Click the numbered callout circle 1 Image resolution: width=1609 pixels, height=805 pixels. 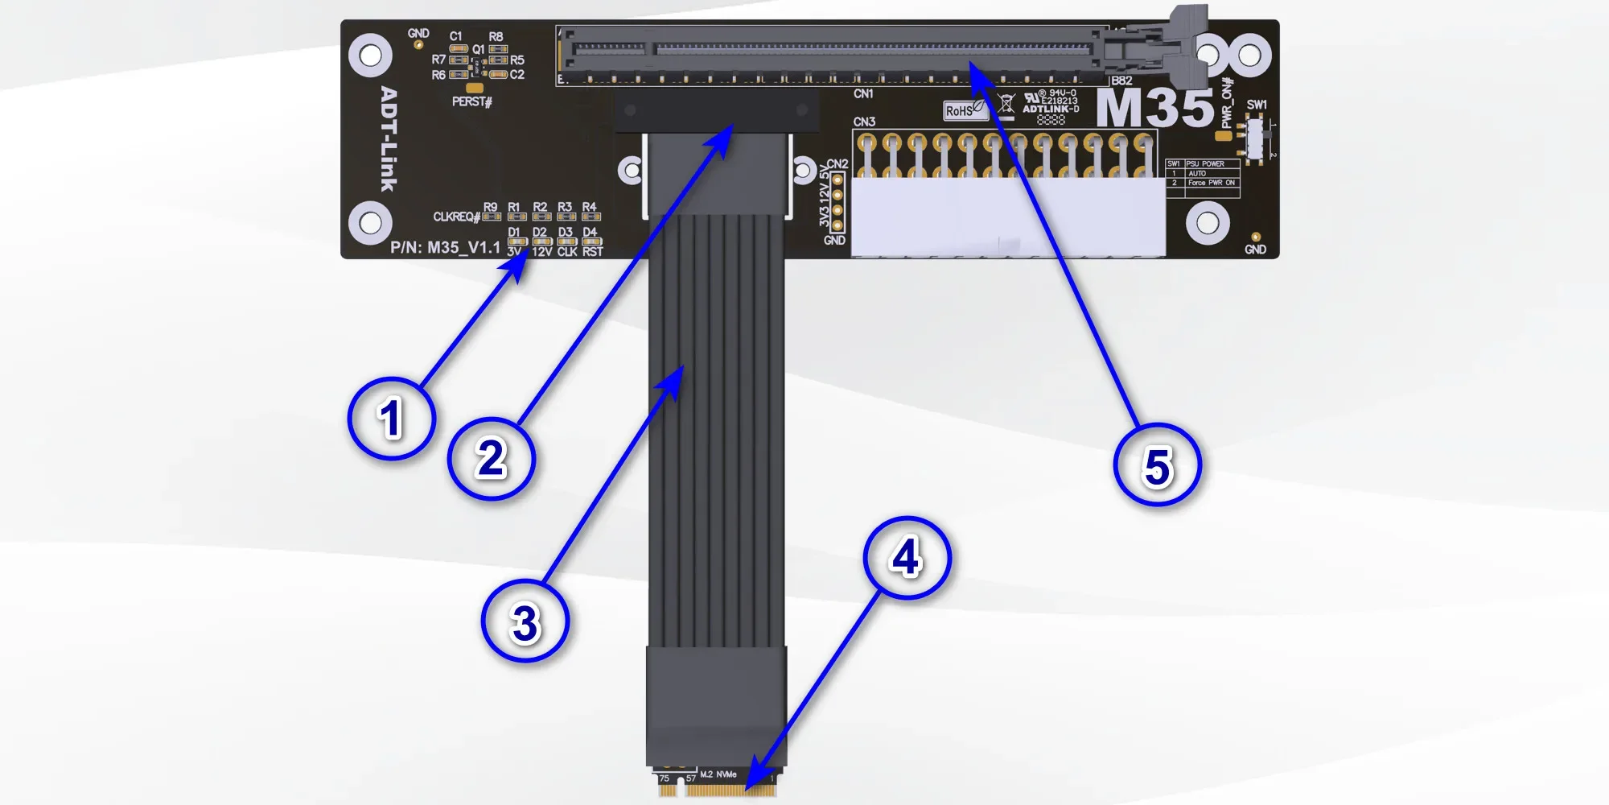(392, 419)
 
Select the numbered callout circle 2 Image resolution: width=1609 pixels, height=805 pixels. (491, 458)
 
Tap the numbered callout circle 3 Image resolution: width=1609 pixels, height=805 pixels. (525, 622)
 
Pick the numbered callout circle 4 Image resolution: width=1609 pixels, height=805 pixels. (907, 558)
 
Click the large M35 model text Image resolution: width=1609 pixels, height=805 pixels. (1154, 108)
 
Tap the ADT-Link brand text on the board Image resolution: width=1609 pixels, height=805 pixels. (389, 139)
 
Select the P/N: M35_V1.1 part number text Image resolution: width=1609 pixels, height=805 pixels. (445, 247)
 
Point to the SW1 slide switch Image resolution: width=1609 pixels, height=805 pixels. (1254, 137)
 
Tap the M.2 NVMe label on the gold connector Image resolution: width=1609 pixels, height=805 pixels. (718, 774)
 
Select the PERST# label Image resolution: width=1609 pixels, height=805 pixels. (471, 101)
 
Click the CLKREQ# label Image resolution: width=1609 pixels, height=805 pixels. (456, 217)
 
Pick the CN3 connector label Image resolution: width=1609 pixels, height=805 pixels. (864, 122)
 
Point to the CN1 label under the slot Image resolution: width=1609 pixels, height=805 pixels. (863, 94)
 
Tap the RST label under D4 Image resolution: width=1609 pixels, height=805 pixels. (593, 252)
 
